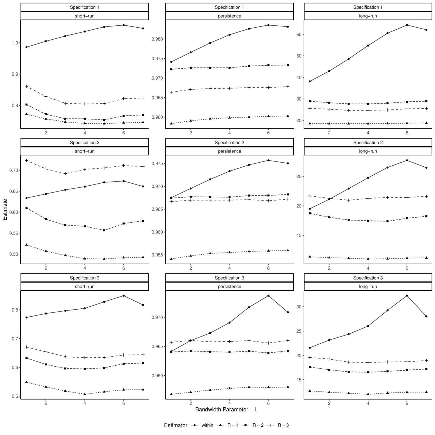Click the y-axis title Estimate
(x=5, y=209)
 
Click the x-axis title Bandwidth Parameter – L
(x=226, y=410)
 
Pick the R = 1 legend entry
(x=233, y=425)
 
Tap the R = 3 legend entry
(x=283, y=425)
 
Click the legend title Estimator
(x=175, y=425)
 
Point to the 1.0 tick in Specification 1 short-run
(x=15, y=43)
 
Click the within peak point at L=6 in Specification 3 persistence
(x=268, y=296)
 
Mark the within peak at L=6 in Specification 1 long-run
(x=407, y=25)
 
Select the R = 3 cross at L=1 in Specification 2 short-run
(x=26, y=160)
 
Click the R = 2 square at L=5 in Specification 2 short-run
(x=104, y=230)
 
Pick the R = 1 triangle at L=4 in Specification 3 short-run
(x=85, y=394)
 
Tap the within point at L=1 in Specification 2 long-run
(x=310, y=209)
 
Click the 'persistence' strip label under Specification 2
(x=229, y=151)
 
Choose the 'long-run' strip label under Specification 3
(x=368, y=287)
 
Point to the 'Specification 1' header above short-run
(x=84, y=7)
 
